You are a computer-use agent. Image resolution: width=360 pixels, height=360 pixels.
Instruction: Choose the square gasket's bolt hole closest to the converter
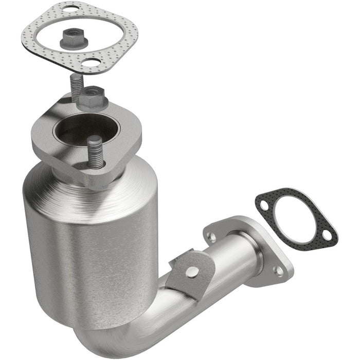[x=93, y=64]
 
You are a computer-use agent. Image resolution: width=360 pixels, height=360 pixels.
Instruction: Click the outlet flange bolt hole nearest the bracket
[x=211, y=237]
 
